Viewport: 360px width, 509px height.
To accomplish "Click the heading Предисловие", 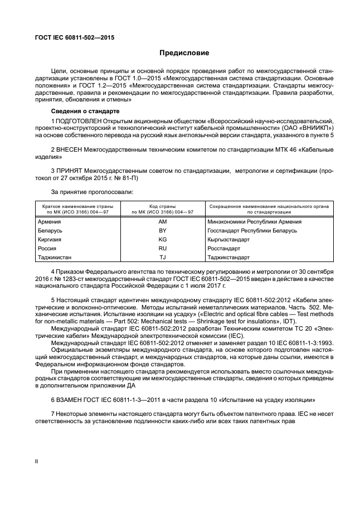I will (184, 53).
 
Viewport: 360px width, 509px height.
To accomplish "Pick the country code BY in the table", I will (163, 230).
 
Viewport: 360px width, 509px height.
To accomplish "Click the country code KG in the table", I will (163, 239).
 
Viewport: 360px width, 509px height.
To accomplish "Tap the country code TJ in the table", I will (163, 257).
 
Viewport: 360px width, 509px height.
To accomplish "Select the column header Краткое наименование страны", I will (74, 206).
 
